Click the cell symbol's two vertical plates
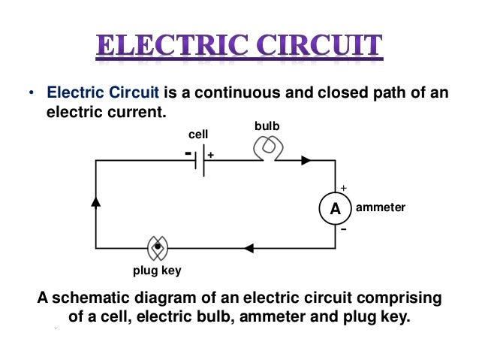[200, 160]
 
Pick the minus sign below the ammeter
[344, 229]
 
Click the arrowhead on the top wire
[306, 160]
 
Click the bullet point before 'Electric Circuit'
[32, 95]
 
